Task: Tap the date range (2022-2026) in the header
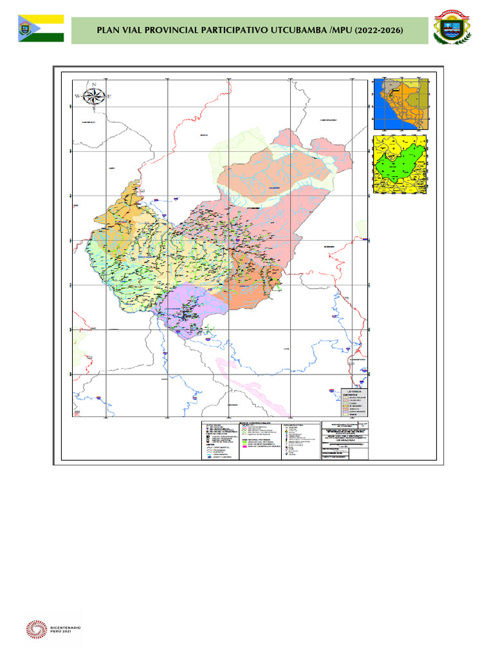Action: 380,30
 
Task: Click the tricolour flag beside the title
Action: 41,28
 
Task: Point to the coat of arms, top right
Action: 456,28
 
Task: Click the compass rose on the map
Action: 94,97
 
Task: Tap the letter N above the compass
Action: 94,85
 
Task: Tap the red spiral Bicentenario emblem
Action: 36,631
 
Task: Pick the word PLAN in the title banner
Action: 108,30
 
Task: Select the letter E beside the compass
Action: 109,97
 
